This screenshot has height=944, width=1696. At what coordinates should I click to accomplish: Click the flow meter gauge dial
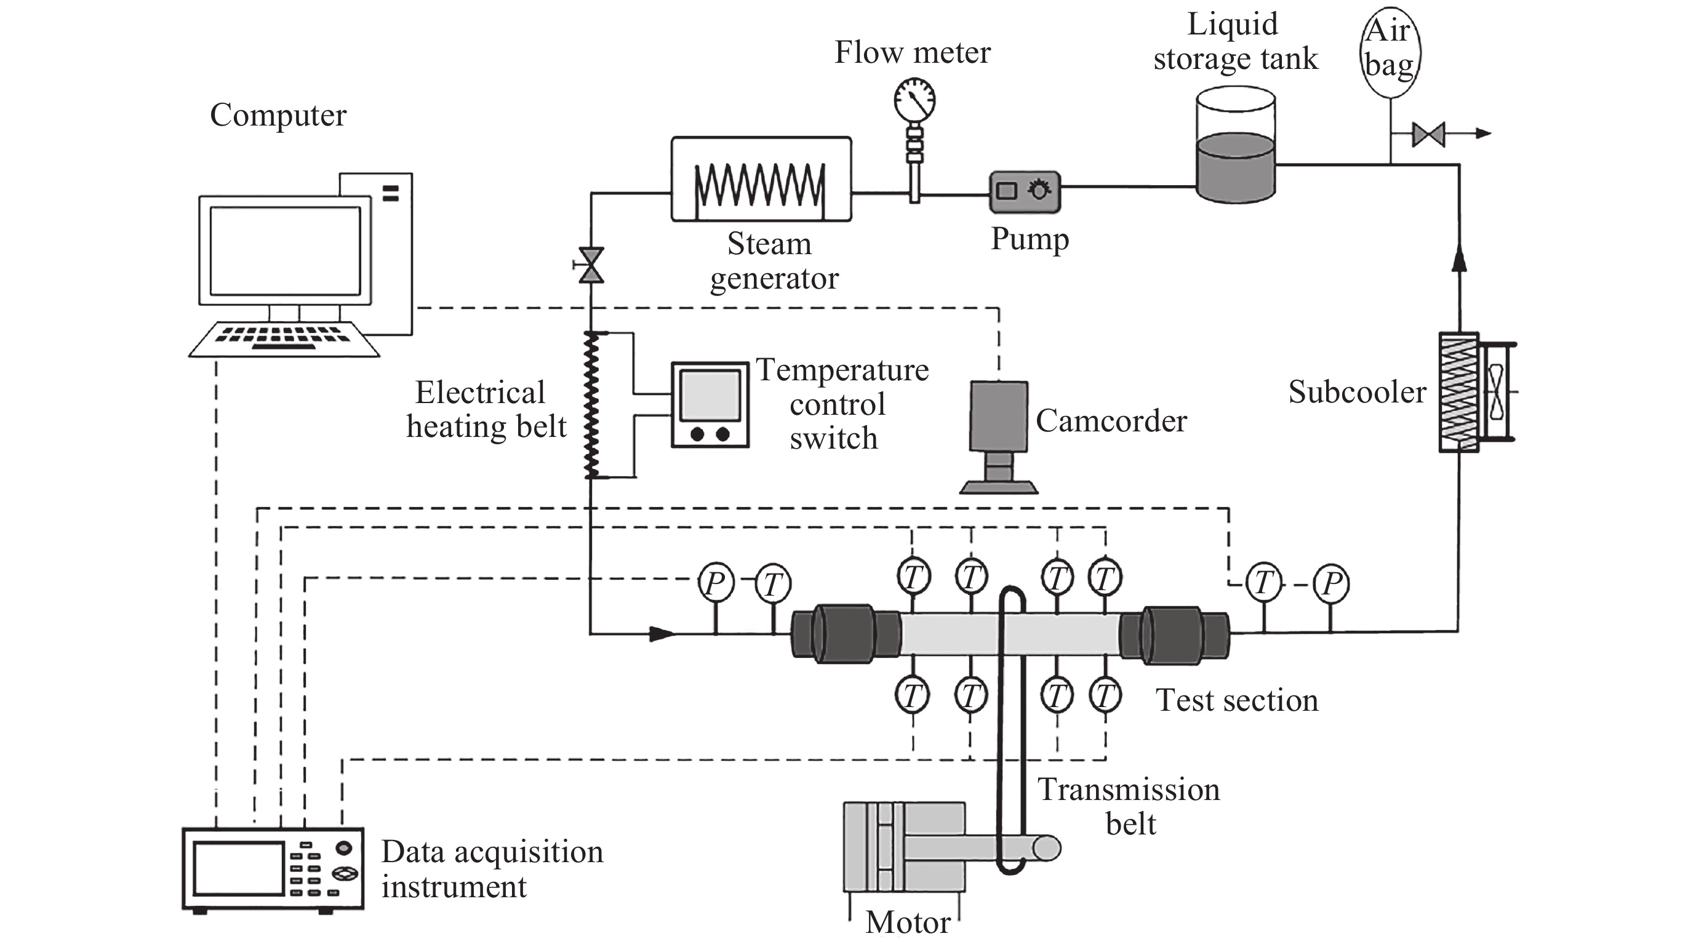click(914, 100)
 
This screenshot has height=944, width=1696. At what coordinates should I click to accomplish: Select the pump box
click(1025, 191)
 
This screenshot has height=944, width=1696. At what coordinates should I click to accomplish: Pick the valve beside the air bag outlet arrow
click(1428, 134)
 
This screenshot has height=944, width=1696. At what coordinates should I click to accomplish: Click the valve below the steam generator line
click(591, 265)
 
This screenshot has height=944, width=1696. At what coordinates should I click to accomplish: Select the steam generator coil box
click(761, 179)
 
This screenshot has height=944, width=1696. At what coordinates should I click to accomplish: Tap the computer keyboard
click(284, 339)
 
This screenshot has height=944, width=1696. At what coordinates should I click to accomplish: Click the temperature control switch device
click(710, 404)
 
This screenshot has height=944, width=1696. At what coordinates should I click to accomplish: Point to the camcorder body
click(999, 416)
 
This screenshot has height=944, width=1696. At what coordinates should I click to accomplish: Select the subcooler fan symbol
click(1496, 391)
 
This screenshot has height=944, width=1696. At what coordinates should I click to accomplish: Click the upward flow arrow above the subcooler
click(1459, 258)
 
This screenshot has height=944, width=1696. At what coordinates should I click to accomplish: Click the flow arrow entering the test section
click(662, 634)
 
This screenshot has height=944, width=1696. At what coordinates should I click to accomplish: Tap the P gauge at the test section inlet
click(716, 583)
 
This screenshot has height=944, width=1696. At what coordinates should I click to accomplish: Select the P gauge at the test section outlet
click(1330, 583)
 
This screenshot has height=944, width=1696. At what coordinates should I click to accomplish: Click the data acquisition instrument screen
click(239, 868)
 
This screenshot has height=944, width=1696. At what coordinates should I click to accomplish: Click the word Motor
click(908, 922)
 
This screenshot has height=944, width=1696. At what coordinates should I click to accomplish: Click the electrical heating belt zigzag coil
click(591, 404)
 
